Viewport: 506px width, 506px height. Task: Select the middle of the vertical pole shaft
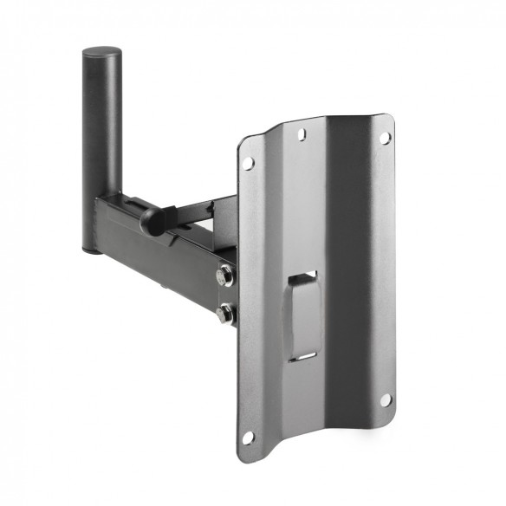point(99,147)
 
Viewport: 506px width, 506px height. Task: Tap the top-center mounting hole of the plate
point(302,134)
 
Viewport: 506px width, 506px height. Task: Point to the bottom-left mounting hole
point(250,436)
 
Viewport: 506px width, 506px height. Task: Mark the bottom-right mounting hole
point(384,399)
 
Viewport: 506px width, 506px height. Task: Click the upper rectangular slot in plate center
point(303,279)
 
